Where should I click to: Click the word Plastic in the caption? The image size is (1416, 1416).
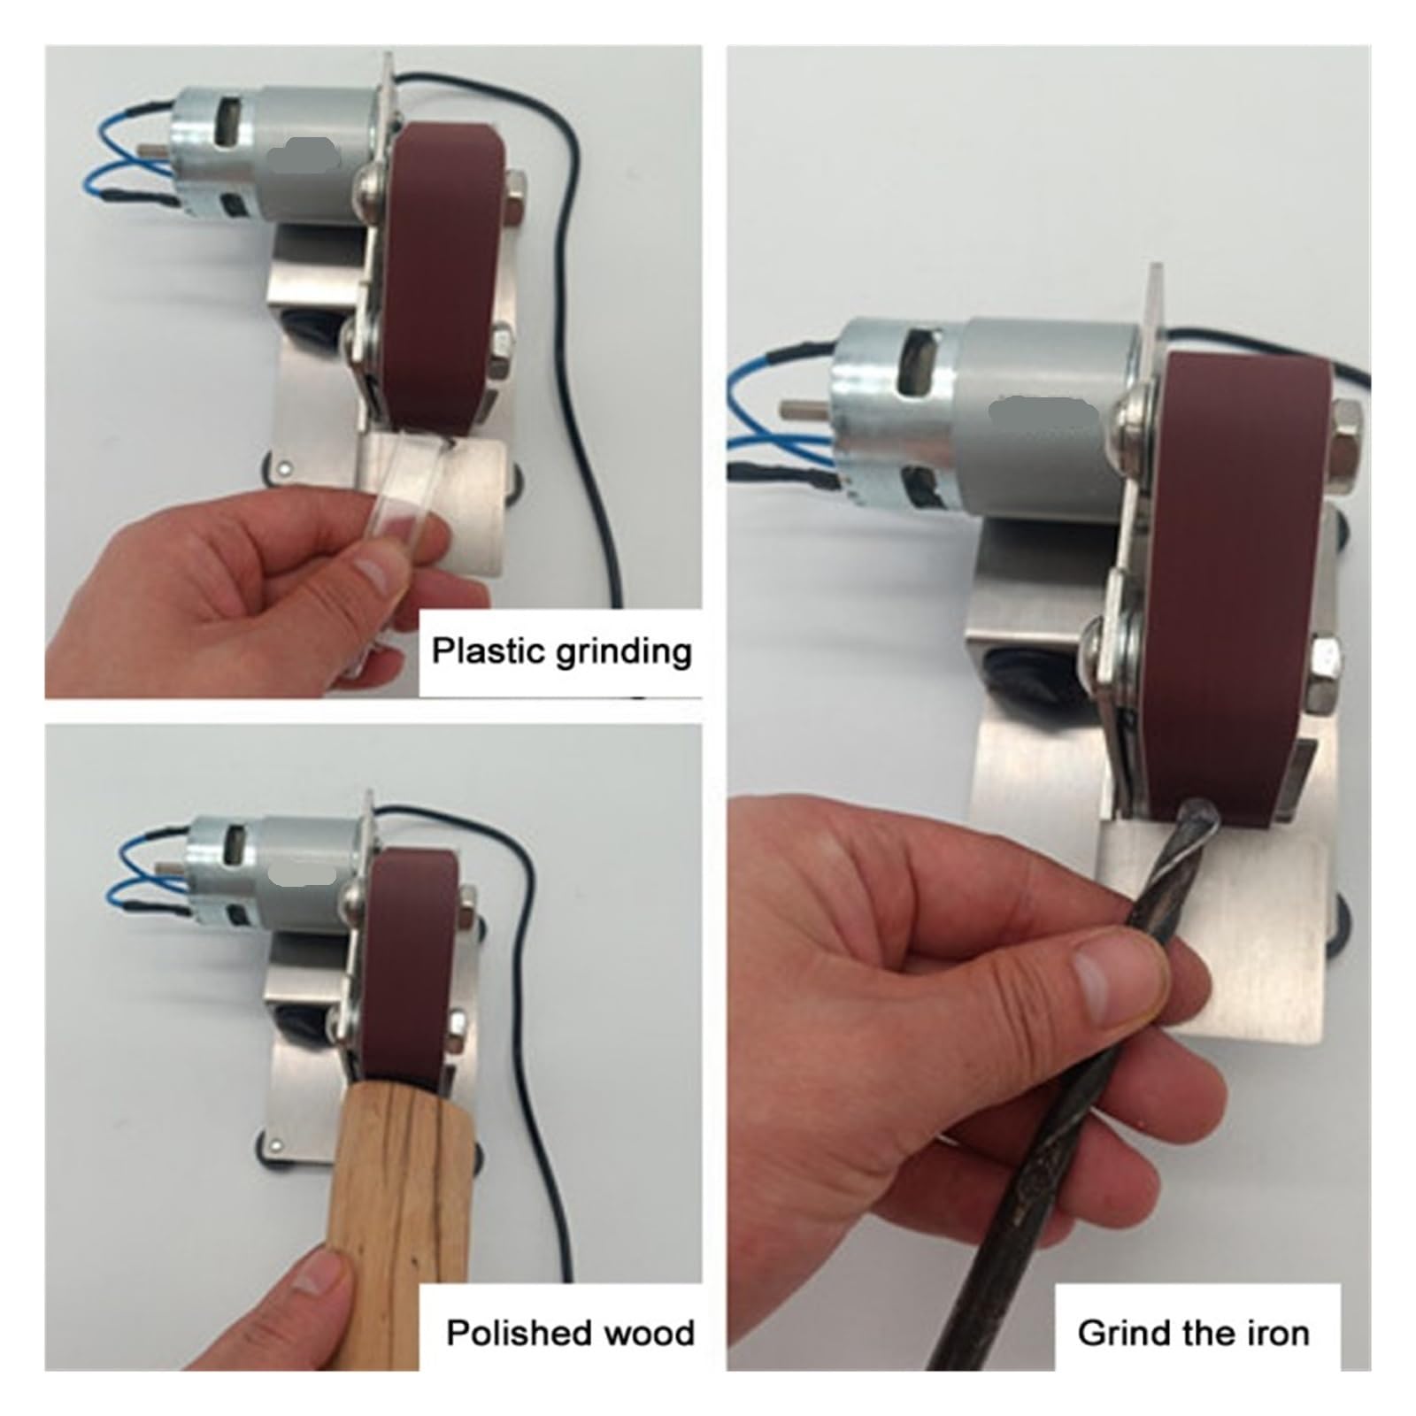pyautogui.click(x=486, y=651)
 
